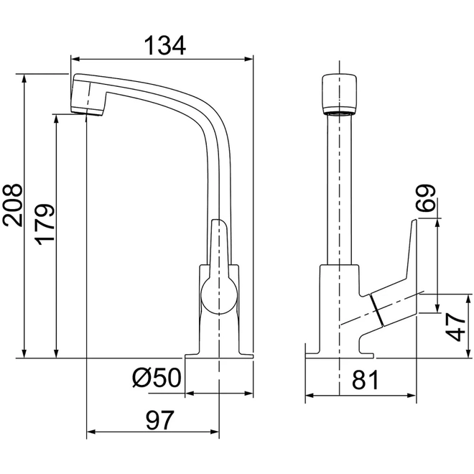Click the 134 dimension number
pos(164,46)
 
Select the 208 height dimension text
pos(12,205)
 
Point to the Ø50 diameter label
pos(157,378)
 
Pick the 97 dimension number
pos(160,420)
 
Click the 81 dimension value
pos(365,380)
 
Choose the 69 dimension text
pos(425,197)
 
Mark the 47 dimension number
pos(455,327)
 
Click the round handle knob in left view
pos(219,296)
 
